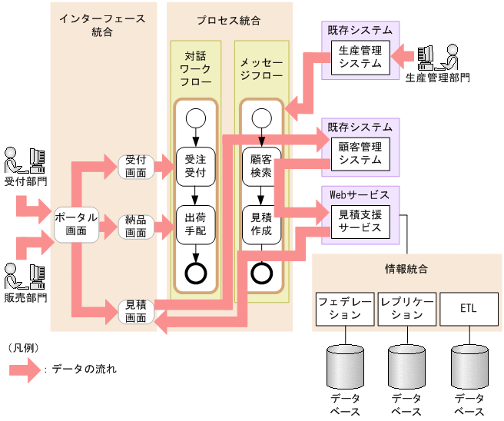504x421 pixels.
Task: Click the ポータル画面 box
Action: [x=76, y=224]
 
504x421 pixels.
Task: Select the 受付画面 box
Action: [x=136, y=167]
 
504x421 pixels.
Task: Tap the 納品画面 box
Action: [x=136, y=227]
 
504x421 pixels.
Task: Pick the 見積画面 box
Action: [x=136, y=310]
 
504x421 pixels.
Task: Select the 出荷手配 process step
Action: [x=195, y=224]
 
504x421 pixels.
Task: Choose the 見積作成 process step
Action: [x=261, y=224]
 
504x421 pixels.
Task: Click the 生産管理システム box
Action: [x=360, y=58]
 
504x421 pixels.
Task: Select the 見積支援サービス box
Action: [x=360, y=221]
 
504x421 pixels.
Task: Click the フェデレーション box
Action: [x=345, y=309]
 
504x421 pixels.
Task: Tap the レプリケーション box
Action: [x=407, y=309]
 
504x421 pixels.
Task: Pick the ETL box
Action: [x=469, y=309]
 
